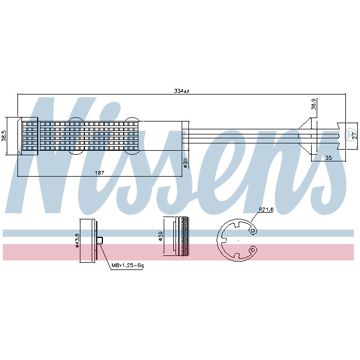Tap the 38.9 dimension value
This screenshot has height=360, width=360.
coord(314,105)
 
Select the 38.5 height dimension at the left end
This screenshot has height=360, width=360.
coord(4,136)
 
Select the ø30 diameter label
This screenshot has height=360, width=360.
coord(185,162)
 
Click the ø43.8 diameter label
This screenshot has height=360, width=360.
coord(77,241)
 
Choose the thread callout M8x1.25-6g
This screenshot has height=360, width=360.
coord(127,265)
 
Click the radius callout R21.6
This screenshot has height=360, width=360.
coord(266,210)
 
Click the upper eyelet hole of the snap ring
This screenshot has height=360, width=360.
coord(254,231)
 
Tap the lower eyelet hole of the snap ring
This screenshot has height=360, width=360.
coord(254,249)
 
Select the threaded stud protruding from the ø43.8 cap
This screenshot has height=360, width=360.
coord(100,241)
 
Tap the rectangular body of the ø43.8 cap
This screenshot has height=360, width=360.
coord(88,241)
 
